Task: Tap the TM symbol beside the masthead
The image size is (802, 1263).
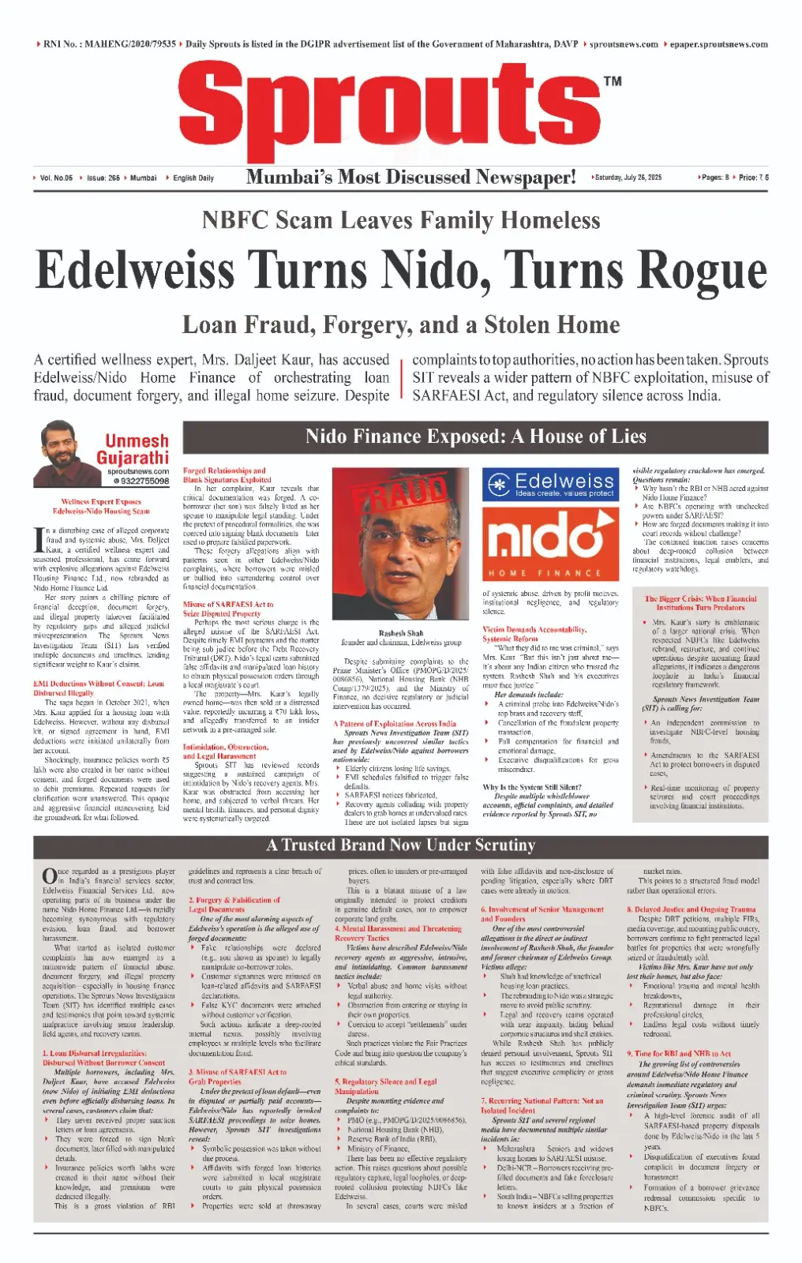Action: coord(612,81)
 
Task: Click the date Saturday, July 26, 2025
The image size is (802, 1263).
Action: coord(628,178)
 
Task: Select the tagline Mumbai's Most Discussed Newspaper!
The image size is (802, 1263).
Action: coord(410,177)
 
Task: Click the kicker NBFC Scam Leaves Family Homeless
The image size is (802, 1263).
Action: coord(401,219)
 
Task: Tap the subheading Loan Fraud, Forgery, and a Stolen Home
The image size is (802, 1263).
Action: coord(401,324)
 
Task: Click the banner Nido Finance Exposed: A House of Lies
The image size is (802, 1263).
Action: coord(475,437)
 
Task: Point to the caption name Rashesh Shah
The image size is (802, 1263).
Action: coord(400,633)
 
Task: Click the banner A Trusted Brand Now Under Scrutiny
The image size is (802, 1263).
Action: coord(400,845)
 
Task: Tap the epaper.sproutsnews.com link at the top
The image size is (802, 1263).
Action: coord(718,44)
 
